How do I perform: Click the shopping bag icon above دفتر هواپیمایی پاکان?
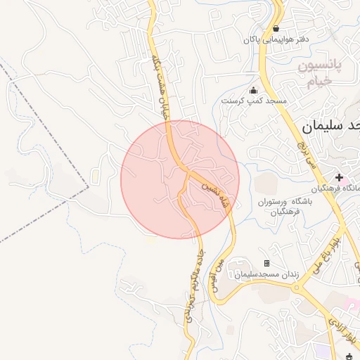(x=276, y=29)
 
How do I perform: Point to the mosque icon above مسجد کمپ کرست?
(x=254, y=91)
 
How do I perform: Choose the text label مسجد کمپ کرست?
(x=254, y=101)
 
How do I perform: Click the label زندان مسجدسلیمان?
(x=266, y=273)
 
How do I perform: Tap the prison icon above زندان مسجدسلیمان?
(x=266, y=263)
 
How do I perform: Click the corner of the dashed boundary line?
(x=89, y=186)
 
